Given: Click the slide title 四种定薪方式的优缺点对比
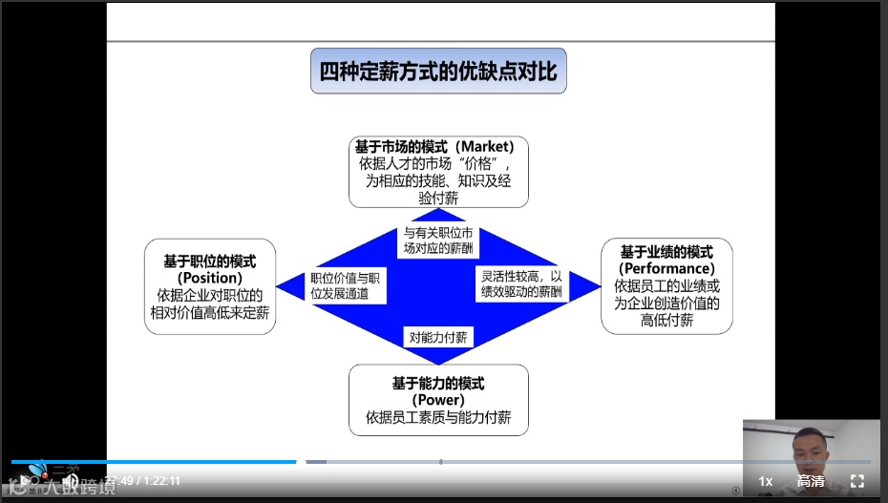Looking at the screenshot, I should [438, 72].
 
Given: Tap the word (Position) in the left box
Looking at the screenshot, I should [210, 278].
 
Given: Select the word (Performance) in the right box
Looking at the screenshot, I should [666, 269].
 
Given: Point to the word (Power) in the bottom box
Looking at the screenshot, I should [438, 400].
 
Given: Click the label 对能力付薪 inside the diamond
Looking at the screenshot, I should [438, 337].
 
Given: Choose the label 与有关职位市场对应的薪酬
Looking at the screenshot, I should [438, 241].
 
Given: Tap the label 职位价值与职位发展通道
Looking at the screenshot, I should [346, 285].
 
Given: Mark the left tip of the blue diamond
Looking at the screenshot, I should [279, 285].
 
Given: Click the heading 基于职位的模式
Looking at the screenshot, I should [210, 261].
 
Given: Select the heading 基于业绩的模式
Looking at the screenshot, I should [666, 252].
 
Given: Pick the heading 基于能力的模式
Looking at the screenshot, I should [438, 383].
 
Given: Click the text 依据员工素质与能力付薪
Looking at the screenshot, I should [438, 417].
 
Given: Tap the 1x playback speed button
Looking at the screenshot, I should [765, 481].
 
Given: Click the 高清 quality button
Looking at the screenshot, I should [811, 481].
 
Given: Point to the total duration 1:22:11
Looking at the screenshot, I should [161, 481].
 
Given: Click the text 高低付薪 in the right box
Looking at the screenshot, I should [666, 321].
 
